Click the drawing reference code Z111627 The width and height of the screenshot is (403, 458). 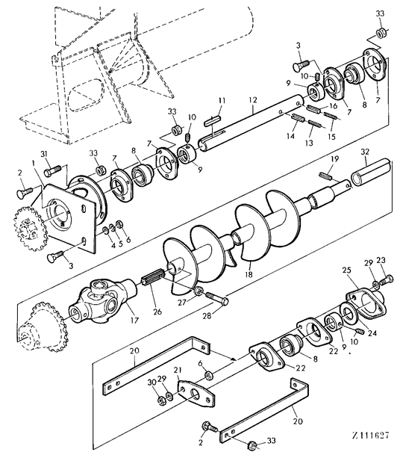(371, 436)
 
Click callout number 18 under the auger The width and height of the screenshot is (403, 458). (249, 274)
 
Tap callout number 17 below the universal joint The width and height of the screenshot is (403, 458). (134, 320)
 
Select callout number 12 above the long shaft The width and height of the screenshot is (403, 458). (253, 100)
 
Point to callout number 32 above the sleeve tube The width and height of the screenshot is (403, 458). (365, 152)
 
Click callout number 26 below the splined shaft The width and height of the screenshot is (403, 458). (157, 312)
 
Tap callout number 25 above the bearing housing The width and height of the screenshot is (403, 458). (346, 270)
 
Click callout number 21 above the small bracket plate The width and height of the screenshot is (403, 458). (178, 371)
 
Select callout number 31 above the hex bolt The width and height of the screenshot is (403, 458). (43, 154)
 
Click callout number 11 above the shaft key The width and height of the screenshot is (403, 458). (222, 101)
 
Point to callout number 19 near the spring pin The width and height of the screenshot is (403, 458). (334, 159)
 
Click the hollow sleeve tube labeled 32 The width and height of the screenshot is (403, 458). (371, 171)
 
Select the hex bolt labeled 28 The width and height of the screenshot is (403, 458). (217, 297)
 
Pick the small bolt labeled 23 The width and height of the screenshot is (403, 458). (387, 279)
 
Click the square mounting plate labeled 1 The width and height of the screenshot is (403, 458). (70, 216)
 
